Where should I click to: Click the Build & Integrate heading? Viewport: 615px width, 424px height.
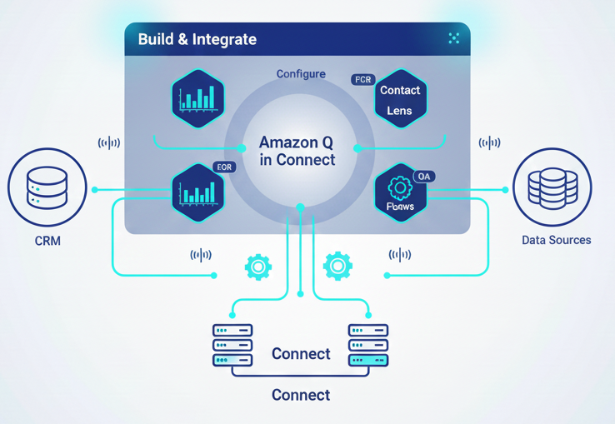click(x=197, y=39)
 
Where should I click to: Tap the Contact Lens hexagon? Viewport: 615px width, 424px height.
click(x=401, y=99)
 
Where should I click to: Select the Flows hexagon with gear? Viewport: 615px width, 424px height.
click(x=400, y=193)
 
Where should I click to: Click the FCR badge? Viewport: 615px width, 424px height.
click(x=362, y=80)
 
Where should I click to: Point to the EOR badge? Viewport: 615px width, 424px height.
click(x=224, y=167)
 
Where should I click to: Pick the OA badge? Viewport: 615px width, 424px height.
click(x=424, y=177)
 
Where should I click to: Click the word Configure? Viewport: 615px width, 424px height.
click(x=301, y=74)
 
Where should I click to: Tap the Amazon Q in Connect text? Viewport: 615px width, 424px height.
click(x=297, y=151)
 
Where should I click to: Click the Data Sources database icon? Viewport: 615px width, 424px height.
click(x=552, y=187)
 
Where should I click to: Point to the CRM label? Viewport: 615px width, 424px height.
click(x=47, y=241)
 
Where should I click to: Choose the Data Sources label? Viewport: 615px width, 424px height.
click(x=556, y=240)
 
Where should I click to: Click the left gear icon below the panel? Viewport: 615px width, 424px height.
click(x=258, y=267)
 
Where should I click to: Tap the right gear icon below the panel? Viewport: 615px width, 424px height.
click(x=337, y=267)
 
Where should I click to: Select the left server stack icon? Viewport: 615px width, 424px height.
click(x=232, y=345)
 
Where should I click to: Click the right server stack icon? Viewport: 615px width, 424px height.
click(x=367, y=345)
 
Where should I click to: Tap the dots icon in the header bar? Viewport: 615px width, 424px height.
click(x=454, y=38)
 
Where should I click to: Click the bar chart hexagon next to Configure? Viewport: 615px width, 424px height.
click(x=198, y=99)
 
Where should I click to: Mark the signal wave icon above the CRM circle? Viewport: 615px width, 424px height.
click(x=109, y=142)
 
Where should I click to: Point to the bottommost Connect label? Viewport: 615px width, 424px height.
click(x=301, y=395)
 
